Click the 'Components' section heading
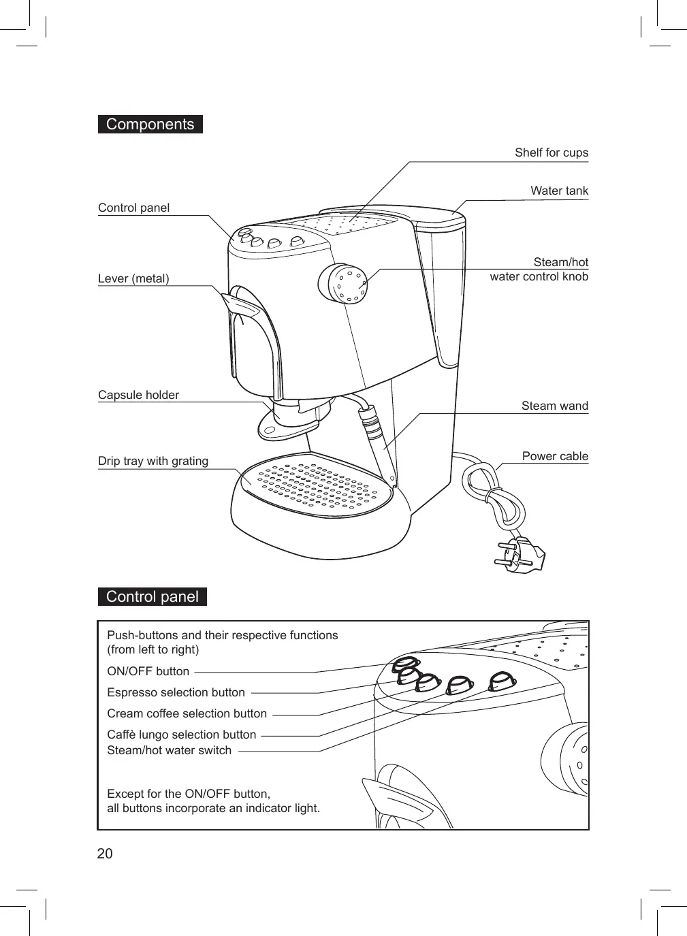coord(150,125)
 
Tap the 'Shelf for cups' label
coord(551,152)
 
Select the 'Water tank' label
coord(559,191)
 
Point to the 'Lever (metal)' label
coord(133,278)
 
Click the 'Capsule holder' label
coord(138,395)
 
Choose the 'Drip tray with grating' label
coord(153,461)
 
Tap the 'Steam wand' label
coord(554,406)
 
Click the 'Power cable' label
coord(555,456)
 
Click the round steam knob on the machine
coord(343,283)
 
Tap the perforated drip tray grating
coord(317,487)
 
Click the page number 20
coord(105,854)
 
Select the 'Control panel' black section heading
coord(152,597)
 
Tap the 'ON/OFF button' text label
coord(148,671)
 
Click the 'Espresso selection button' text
coord(176,692)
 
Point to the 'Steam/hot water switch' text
coord(169,750)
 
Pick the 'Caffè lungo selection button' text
coord(182,735)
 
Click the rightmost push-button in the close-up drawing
coord(502,681)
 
